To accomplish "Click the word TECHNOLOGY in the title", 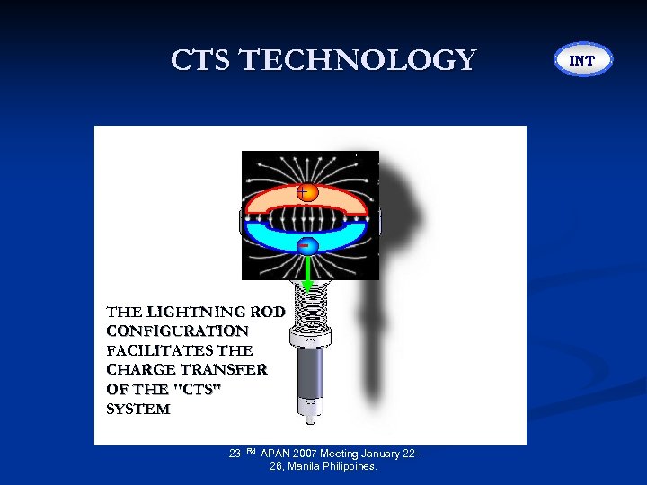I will [357, 60].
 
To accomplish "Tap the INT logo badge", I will [582, 60].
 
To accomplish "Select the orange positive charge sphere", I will [307, 192].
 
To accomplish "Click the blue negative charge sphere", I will [307, 245].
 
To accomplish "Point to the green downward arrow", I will [307, 272].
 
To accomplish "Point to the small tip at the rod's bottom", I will [309, 417].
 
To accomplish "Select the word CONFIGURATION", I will [177, 331].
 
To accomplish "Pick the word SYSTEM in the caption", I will [137, 410].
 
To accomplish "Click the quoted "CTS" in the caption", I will [199, 390].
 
